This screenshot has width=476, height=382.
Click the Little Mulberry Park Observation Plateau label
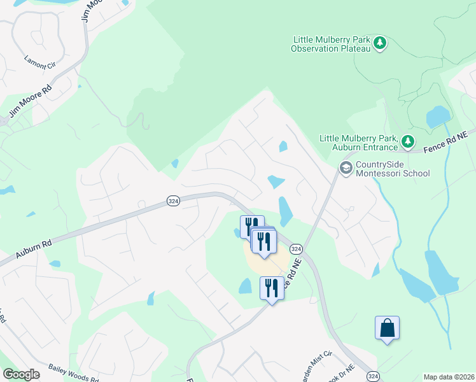tap(330, 43)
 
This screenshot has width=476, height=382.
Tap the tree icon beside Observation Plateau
tap(380, 43)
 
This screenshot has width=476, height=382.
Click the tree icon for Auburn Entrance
tap(408, 141)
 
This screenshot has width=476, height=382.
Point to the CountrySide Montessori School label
tap(393, 169)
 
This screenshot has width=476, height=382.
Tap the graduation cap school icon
tap(346, 168)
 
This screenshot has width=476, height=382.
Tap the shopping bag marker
tap(387, 329)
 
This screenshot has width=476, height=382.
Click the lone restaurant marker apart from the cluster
tap(272, 288)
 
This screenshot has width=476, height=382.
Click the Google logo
tap(21, 374)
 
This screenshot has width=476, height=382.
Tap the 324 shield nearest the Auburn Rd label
tap(173, 201)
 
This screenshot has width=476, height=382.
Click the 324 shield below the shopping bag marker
tap(374, 376)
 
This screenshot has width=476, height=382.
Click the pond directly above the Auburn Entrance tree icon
tap(437, 117)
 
